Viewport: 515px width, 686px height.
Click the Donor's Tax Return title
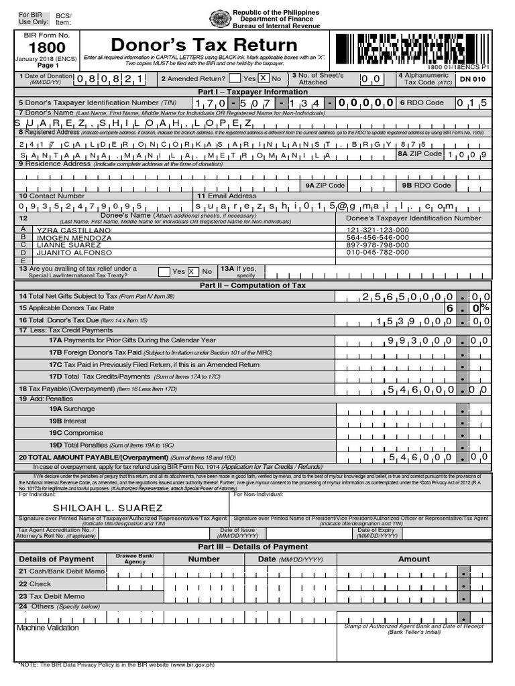coord(204,45)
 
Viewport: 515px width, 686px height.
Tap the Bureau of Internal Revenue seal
coord(219,19)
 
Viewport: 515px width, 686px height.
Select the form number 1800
coord(47,47)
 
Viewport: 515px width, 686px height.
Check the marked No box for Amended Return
coord(264,78)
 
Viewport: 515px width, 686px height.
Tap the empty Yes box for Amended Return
coord(234,78)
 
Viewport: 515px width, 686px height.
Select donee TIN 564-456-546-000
coord(378,237)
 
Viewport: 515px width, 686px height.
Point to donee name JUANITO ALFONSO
coord(74,253)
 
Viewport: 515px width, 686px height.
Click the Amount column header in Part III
coord(414,559)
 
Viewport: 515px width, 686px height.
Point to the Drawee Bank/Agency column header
coord(135,559)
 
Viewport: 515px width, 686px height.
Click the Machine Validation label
coord(48,628)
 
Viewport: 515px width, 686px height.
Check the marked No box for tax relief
coord(192,271)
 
